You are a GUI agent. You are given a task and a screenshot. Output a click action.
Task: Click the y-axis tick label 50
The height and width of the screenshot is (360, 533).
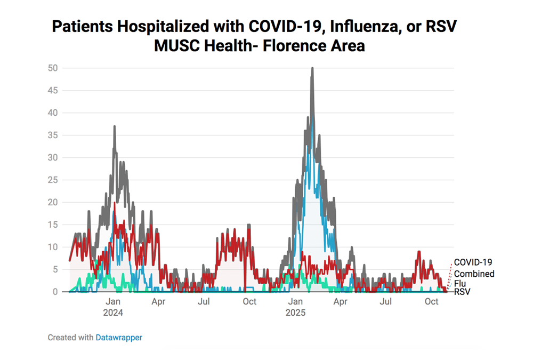point(52,68)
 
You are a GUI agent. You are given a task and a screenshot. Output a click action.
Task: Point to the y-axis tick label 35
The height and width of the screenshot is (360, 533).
point(52,135)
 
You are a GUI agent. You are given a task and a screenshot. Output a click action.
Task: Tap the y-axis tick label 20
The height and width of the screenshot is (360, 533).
point(52,202)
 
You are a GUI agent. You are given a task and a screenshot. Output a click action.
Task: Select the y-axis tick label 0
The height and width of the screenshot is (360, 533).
point(55,292)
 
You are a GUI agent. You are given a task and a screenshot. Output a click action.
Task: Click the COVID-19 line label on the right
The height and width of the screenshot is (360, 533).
point(473,262)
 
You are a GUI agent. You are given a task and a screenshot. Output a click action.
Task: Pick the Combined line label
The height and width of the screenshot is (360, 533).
point(474,274)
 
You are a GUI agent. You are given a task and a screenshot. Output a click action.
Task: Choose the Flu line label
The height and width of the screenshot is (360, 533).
point(460,283)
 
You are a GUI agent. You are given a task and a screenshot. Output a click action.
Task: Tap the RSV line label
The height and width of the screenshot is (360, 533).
point(462,291)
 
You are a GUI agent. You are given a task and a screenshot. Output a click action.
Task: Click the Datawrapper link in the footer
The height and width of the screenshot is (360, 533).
point(119,337)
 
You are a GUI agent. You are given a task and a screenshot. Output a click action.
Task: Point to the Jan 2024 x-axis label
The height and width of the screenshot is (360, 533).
point(113,307)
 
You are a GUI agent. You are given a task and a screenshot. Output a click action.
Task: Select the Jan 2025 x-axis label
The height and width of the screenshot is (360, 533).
point(295,307)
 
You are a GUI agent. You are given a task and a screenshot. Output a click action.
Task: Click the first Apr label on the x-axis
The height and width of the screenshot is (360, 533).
point(158,301)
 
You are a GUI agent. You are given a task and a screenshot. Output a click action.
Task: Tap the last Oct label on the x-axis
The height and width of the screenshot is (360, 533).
point(431,301)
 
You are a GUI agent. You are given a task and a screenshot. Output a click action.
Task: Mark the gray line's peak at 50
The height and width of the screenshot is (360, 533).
point(312,68)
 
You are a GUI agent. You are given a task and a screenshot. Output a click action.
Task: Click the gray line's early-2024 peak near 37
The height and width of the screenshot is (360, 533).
point(115,126)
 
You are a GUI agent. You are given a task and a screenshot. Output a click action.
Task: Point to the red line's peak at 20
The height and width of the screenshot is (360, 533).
point(115,203)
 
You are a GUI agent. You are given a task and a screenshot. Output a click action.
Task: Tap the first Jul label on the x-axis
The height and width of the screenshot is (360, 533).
point(204,301)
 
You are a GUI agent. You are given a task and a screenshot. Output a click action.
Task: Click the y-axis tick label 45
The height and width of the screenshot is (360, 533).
point(52,90)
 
